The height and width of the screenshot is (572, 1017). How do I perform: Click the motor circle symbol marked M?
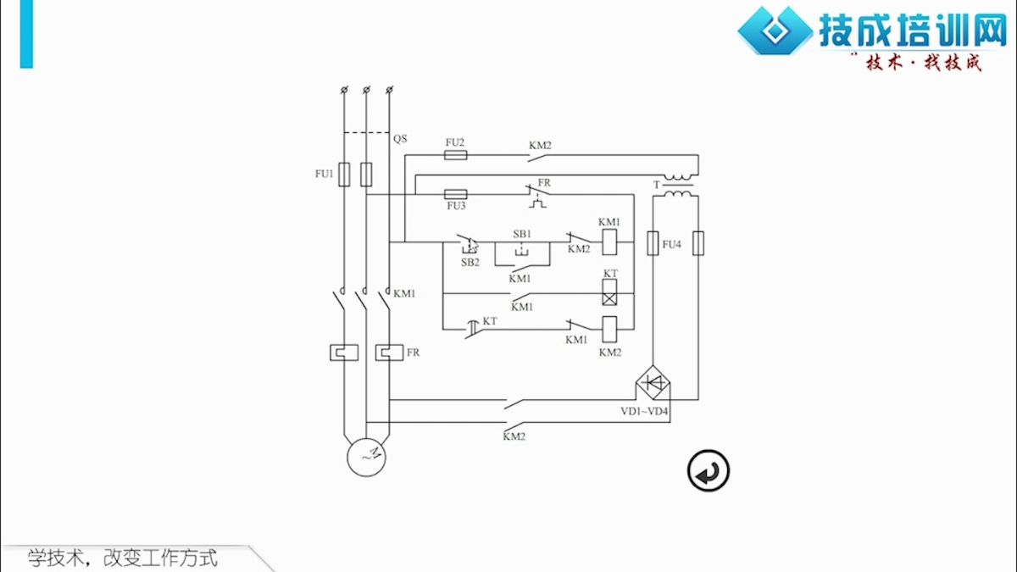366,457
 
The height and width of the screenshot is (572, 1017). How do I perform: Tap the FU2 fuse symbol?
455,155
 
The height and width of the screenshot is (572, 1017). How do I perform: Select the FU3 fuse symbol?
455,194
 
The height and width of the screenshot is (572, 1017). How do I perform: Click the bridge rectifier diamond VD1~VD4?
653,383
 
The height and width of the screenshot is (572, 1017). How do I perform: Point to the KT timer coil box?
609,292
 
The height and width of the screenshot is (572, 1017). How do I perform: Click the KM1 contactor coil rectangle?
609,242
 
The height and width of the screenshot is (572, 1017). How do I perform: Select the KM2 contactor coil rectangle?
609,329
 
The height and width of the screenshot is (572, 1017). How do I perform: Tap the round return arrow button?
709,471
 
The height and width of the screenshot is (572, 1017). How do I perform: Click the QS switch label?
400,139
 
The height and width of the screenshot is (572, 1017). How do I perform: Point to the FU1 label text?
324,174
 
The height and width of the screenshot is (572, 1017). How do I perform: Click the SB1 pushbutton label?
522,234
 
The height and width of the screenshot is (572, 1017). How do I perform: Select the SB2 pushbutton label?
470,263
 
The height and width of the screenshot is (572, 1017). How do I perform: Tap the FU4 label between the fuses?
672,245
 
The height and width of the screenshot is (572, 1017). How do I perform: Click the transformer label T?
656,185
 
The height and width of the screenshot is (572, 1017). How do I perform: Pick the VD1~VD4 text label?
644,411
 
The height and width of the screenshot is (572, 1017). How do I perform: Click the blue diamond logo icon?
775,31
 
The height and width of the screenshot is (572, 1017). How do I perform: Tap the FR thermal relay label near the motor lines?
414,353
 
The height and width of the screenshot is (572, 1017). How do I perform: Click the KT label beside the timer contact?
490,321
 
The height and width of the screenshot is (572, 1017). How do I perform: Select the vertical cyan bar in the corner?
26,34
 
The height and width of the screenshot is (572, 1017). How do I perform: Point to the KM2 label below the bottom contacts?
514,436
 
